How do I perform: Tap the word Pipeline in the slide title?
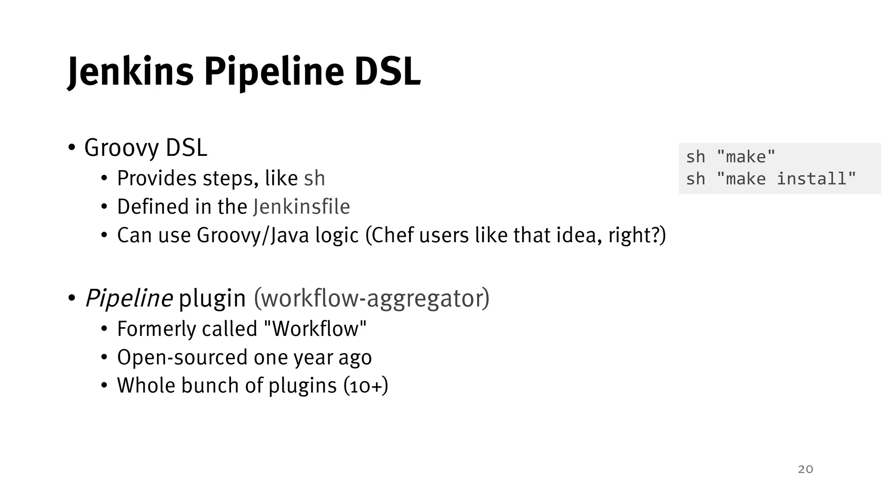(274, 72)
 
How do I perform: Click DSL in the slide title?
(387, 72)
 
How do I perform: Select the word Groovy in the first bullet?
(122, 148)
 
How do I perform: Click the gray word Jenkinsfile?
(301, 207)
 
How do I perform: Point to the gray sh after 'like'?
(314, 179)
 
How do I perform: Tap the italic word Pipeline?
(129, 298)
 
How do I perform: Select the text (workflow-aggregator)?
(372, 298)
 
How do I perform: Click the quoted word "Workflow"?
(314, 329)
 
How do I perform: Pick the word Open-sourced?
(182, 357)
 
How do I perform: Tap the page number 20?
(805, 469)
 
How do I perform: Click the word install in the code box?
(811, 179)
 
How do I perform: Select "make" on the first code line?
(746, 157)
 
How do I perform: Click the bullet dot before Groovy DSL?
(72, 148)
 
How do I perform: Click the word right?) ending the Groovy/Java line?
(637, 235)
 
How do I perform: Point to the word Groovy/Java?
(253, 235)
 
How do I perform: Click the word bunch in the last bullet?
(210, 385)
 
